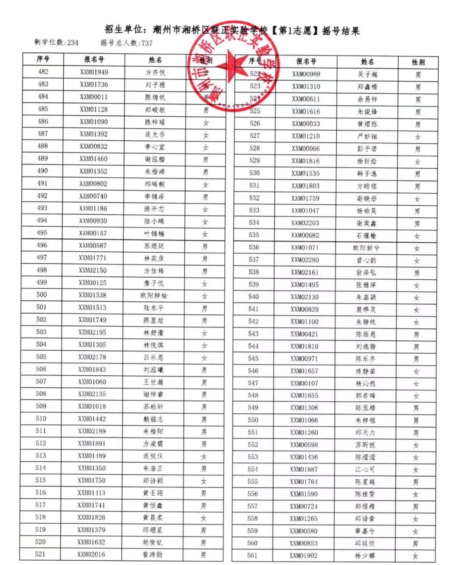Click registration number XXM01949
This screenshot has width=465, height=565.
[94, 72]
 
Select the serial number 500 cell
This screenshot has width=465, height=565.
[42, 295]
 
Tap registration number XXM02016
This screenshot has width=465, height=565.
[91, 554]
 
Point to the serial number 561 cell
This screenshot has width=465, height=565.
[253, 556]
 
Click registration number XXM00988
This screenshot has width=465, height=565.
[306, 74]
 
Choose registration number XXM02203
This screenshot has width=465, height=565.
[305, 223]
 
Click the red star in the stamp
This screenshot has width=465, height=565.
[234, 65]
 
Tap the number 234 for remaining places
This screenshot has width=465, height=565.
[73, 43]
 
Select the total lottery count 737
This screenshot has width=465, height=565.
[147, 43]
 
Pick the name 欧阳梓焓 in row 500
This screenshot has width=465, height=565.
[154, 296]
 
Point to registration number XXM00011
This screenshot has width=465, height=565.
[94, 97]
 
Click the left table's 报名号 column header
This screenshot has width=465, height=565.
[94, 59]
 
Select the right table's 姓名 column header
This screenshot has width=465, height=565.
[367, 62]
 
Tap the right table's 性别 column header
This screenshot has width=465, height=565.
[418, 62]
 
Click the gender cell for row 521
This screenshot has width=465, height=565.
[203, 555]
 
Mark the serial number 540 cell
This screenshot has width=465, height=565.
[254, 297]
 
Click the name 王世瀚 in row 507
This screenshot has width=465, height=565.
[153, 382]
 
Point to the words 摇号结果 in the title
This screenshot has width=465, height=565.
[341, 31]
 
